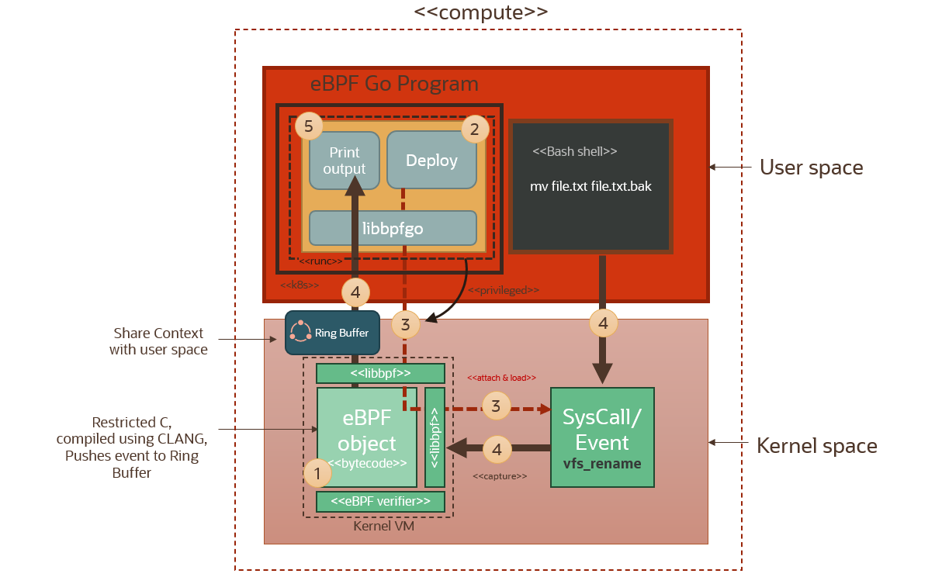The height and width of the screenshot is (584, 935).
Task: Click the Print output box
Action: pos(344,161)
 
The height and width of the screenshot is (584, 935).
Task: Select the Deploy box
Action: pos(431,160)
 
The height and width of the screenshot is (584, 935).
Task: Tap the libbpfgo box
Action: pos(393,228)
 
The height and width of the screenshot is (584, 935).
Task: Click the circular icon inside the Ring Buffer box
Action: pos(300,333)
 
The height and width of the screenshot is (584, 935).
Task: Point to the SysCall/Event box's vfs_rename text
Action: pos(602,464)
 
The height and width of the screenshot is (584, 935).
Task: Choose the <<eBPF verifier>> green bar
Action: pos(380,502)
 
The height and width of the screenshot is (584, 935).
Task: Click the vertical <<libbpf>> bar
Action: pos(435,437)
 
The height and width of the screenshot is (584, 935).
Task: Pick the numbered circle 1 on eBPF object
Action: pos(317,472)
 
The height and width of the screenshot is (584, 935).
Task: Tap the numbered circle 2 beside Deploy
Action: pos(475,129)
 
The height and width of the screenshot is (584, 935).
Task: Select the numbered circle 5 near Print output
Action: pos(309,126)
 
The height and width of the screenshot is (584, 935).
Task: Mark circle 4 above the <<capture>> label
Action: pos(497,448)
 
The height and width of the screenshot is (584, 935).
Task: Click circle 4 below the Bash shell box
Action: pos(603,323)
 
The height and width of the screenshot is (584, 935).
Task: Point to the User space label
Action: pos(811,168)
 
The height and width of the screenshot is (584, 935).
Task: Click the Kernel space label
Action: pos(816,446)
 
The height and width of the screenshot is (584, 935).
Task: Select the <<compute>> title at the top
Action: pos(481,12)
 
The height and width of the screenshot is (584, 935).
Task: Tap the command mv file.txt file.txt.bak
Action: pos(590,187)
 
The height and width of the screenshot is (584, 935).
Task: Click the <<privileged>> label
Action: pos(504,290)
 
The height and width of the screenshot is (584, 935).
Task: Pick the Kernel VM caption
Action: pos(383,527)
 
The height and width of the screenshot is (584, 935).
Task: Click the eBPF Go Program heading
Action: pos(394,84)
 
